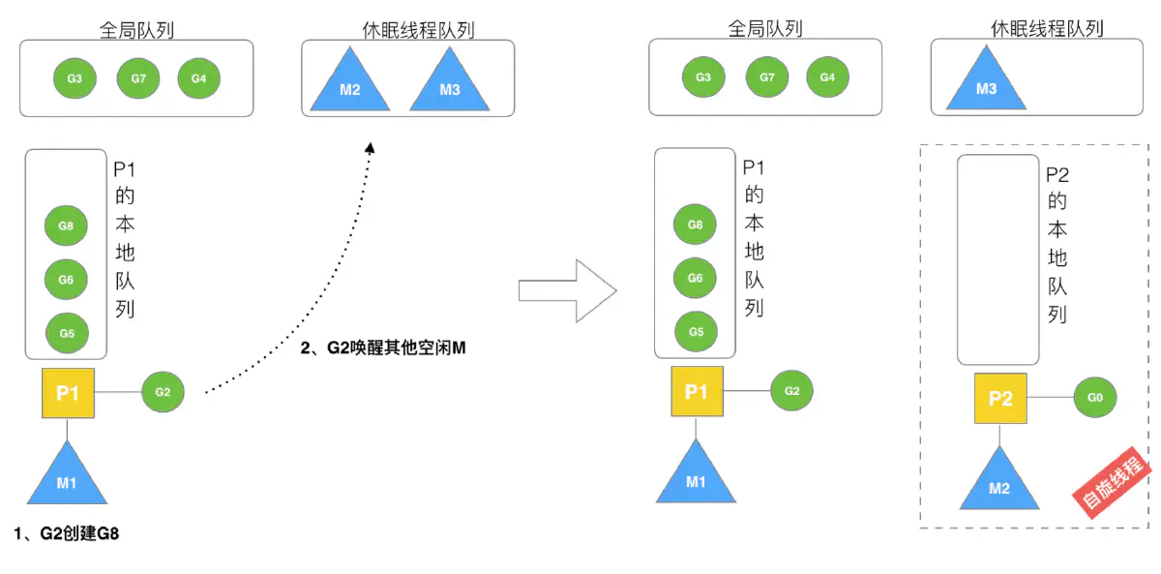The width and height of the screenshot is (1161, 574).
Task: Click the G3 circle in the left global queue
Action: (74, 78)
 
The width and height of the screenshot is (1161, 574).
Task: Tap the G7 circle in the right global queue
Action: (766, 77)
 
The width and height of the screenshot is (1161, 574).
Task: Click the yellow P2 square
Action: (999, 398)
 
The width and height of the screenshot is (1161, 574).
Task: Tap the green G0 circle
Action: (1095, 396)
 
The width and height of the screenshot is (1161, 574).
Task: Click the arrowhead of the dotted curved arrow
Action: (369, 147)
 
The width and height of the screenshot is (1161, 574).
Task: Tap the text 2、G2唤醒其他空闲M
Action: (383, 347)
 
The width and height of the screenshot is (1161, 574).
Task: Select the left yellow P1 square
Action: (67, 393)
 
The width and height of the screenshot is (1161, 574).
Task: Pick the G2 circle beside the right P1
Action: (791, 391)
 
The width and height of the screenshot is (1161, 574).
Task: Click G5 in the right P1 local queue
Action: (695, 331)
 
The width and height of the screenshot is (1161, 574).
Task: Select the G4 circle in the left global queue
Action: (198, 78)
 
